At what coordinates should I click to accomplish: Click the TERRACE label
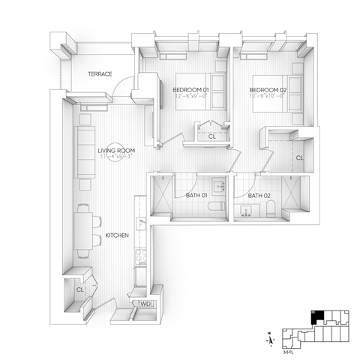[100, 73]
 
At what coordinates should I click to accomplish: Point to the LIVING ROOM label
[115, 151]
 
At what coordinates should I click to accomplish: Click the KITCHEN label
[117, 235]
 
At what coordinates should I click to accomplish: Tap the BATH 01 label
[196, 196]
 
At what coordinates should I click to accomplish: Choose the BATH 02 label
[259, 196]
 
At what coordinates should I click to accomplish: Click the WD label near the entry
[145, 303]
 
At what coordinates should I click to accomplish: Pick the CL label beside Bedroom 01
[211, 136]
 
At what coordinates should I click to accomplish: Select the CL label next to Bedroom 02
[299, 157]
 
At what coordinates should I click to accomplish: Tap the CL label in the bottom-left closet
[79, 287]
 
